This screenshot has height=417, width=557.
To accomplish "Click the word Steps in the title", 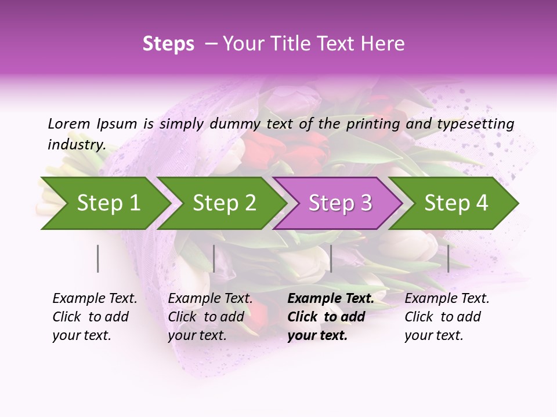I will [x=168, y=44].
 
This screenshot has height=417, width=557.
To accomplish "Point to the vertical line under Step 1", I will [x=98, y=258].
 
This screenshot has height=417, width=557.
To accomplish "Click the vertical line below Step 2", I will [x=214, y=258].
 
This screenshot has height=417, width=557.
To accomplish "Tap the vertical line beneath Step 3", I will [x=331, y=258].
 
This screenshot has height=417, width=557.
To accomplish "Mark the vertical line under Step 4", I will [x=449, y=258].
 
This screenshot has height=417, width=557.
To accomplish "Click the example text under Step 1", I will [x=95, y=317].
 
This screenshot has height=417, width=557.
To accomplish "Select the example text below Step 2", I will [x=210, y=317].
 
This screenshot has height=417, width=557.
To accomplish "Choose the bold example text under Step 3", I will [x=330, y=317].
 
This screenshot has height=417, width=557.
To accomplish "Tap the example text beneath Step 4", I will [x=447, y=317].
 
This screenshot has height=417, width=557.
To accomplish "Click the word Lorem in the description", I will [x=69, y=123].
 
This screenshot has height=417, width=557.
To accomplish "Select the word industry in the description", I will [x=77, y=145].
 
